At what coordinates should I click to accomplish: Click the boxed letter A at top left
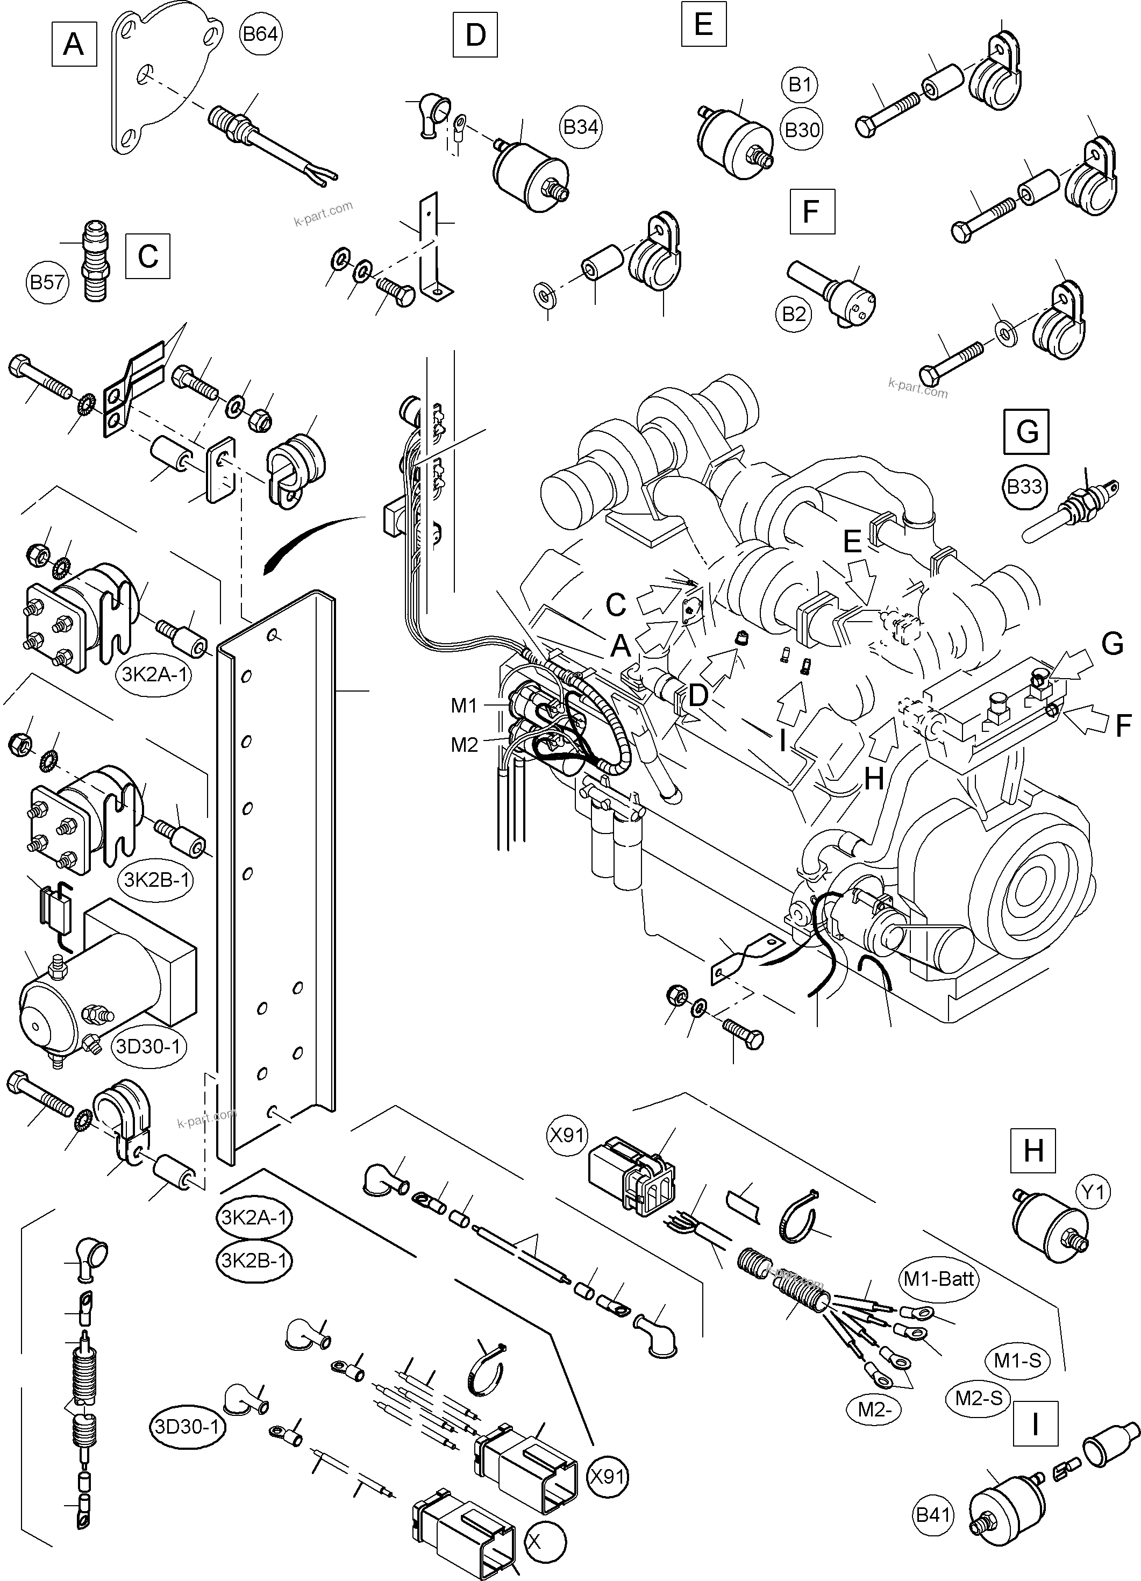(x=74, y=45)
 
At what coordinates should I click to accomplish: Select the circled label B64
(x=260, y=33)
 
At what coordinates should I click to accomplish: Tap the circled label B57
(x=47, y=282)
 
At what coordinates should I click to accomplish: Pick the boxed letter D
(x=475, y=34)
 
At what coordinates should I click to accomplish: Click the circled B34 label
(x=580, y=127)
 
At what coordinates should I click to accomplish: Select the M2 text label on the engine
(x=464, y=745)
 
